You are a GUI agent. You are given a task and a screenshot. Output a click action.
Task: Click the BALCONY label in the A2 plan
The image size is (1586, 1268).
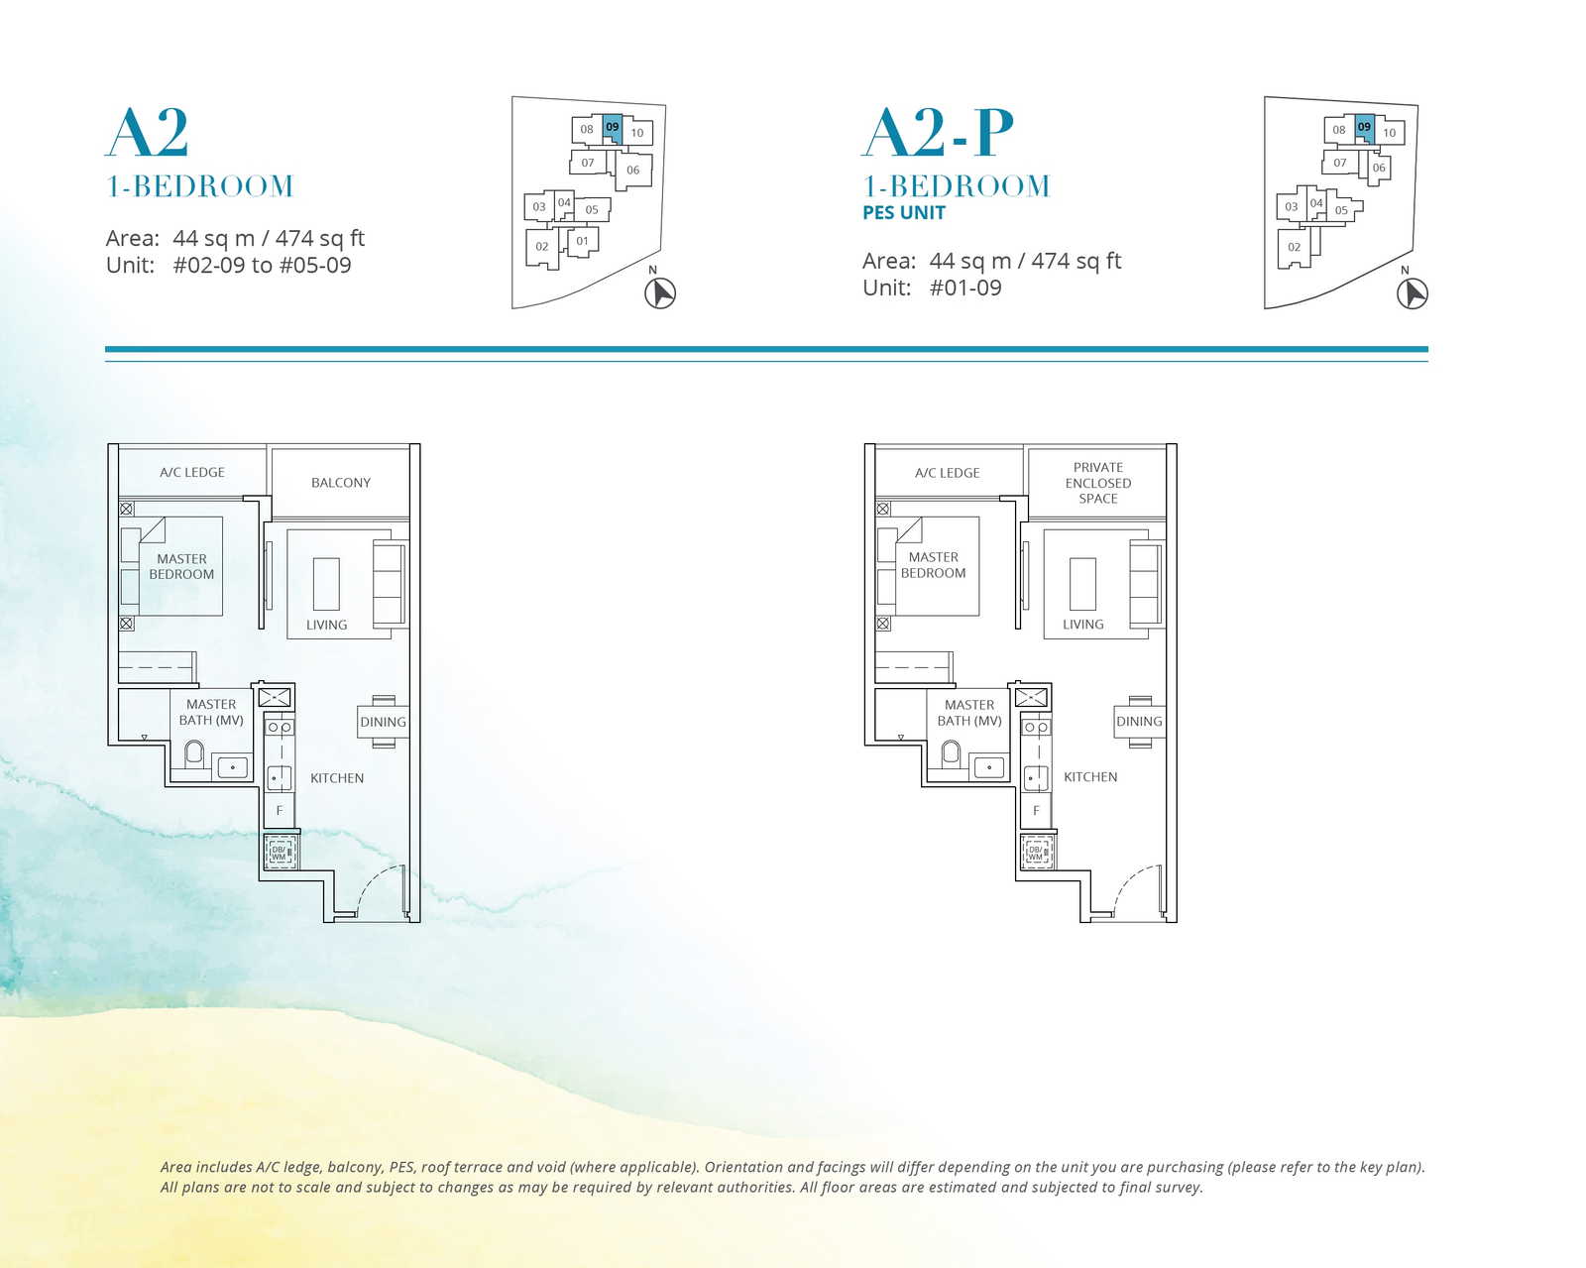coord(340,483)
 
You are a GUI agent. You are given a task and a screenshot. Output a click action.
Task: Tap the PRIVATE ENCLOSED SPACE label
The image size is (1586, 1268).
coord(1097,483)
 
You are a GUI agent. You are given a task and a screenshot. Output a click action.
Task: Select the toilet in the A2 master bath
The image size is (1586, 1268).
coord(194,753)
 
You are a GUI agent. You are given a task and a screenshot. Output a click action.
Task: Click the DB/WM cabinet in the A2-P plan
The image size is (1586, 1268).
coord(1036,852)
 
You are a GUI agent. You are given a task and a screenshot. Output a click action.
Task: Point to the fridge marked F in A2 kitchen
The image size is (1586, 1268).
coord(280,810)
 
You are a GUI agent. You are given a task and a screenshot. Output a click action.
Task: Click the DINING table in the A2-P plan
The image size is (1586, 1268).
coord(1139,722)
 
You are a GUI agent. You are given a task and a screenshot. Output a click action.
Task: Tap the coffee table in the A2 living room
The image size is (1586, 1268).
coord(326,584)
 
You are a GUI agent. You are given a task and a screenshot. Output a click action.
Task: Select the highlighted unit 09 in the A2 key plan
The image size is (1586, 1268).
coord(613,129)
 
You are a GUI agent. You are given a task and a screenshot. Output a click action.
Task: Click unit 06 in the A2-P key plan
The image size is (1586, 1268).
coord(1378,169)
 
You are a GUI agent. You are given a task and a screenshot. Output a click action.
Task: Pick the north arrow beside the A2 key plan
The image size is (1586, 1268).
coord(660,293)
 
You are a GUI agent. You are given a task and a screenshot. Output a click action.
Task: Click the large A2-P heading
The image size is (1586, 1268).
coord(938,133)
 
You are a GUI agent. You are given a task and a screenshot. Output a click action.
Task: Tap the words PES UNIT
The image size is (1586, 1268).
coord(904,213)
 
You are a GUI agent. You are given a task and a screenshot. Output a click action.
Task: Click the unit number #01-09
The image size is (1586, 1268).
coord(965,288)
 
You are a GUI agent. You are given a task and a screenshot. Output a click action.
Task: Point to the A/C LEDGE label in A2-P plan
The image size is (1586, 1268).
coord(947,473)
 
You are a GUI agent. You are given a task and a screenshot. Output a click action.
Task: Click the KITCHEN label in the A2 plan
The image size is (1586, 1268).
coord(337,778)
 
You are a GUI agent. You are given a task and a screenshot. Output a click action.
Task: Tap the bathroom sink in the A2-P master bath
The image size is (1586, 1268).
coord(989,767)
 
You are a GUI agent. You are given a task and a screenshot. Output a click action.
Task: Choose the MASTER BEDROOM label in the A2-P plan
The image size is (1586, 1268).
coord(933,565)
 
